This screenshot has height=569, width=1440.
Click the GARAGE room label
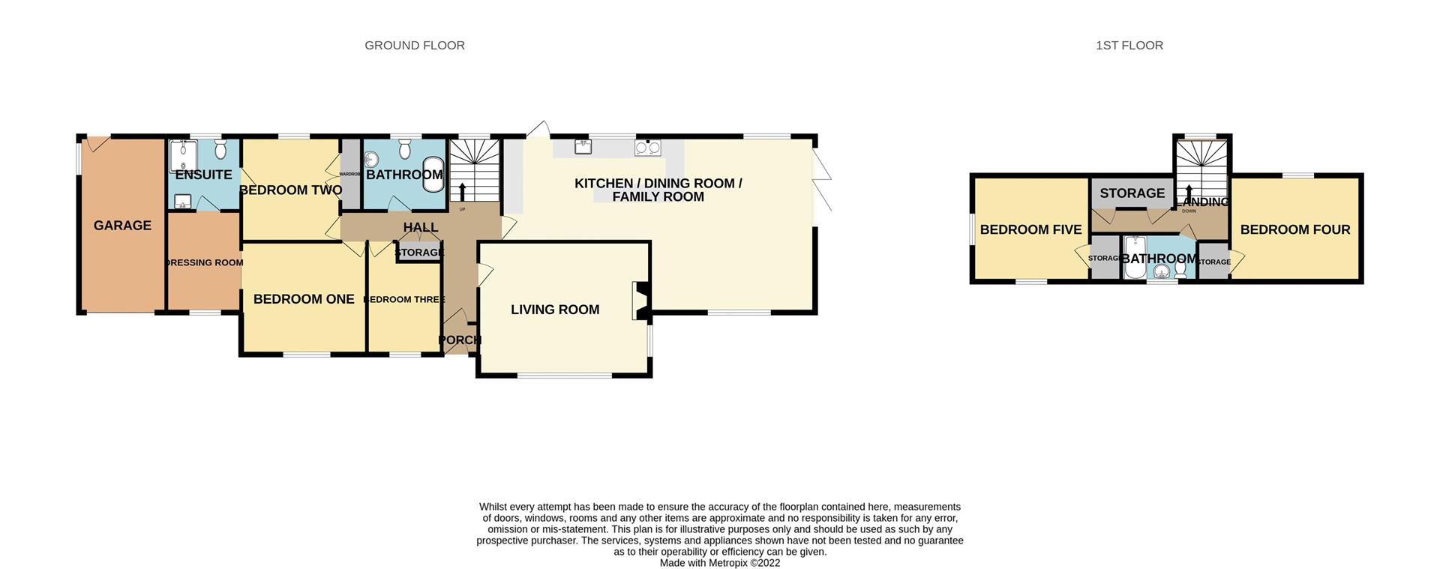tap(122, 226)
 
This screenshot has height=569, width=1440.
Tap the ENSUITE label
tap(203, 175)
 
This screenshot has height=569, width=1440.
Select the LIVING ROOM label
tap(555, 310)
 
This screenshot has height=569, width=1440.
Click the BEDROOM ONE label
tap(304, 299)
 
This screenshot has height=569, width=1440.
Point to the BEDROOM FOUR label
tap(1295, 230)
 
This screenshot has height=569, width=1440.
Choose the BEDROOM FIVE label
tap(1030, 230)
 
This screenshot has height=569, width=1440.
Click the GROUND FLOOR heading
tap(415, 46)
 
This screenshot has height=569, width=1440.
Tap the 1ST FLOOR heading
tap(1129, 46)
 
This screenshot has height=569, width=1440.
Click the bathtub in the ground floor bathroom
tap(433, 175)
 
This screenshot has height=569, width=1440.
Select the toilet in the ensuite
tap(220, 150)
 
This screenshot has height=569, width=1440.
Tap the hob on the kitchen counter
tap(647, 148)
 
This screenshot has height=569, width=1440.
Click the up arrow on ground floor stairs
tap(462, 191)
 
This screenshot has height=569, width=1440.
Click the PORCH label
tap(459, 340)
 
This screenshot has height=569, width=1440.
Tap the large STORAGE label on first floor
tap(1132, 193)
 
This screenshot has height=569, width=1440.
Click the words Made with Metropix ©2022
tap(719, 563)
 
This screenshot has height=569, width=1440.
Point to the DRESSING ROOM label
tap(204, 263)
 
